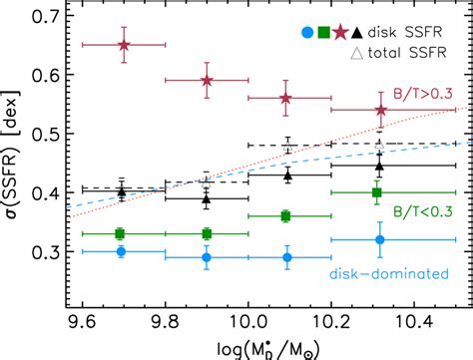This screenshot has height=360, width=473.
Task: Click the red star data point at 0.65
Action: [124, 45]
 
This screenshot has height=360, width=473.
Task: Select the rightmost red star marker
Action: [379, 110]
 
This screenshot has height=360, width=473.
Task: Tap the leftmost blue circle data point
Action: [121, 251]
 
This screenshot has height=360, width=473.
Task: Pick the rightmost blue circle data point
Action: [379, 239]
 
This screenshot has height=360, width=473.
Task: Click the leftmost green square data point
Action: [120, 233]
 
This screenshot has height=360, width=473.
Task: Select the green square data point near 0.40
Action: [377, 192]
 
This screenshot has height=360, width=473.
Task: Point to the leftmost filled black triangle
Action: [121, 191]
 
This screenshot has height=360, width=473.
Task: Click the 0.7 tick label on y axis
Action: [43, 15]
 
